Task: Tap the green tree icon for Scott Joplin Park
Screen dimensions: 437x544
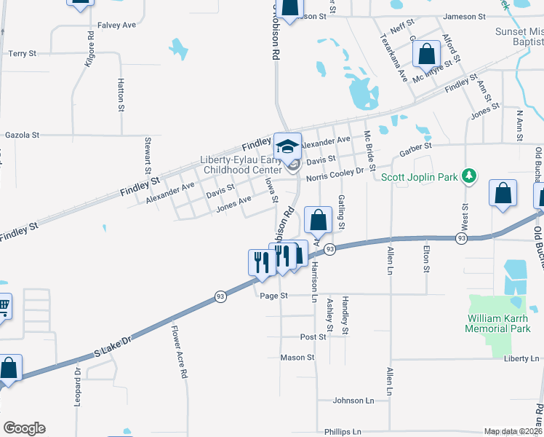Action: (x=471, y=176)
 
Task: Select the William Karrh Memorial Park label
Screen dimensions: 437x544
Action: (x=498, y=323)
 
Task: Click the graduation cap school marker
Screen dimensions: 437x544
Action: (x=288, y=146)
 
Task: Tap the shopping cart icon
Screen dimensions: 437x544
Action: (x=4, y=306)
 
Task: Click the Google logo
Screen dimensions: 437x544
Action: (x=24, y=428)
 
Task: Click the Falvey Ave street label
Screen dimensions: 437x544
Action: (x=119, y=25)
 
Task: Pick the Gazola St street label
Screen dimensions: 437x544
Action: (x=22, y=135)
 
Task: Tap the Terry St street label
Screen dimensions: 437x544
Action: (x=23, y=53)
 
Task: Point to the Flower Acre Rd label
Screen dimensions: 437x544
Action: (x=180, y=351)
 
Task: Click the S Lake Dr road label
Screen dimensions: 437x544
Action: (x=114, y=348)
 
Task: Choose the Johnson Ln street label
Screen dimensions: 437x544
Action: (x=353, y=401)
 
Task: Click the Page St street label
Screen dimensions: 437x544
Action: (x=274, y=296)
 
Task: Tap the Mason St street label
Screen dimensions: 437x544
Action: (x=297, y=358)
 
